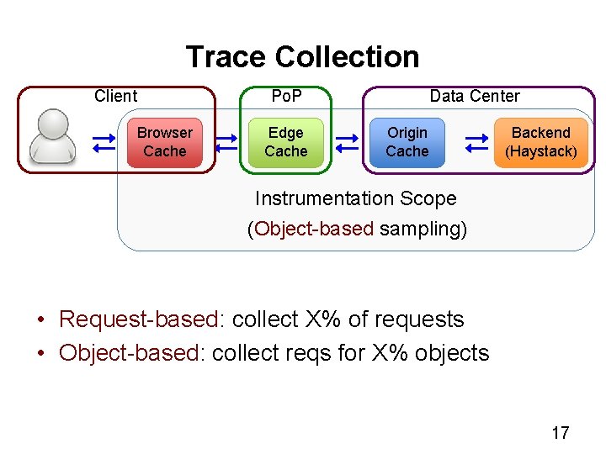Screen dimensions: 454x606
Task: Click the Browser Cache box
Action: tap(165, 142)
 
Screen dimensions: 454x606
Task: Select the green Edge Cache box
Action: tap(286, 142)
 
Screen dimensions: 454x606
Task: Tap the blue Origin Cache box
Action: tap(407, 142)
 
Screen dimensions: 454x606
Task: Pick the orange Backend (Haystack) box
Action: tap(540, 142)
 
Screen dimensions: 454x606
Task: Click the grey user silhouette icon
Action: tap(52, 136)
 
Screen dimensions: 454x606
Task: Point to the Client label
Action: tap(116, 96)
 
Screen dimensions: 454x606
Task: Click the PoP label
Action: tap(286, 96)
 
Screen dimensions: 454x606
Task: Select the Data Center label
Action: tap(475, 96)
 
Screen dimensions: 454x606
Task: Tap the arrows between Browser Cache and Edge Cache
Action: tap(226, 142)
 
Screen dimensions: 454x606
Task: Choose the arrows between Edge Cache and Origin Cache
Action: tap(347, 142)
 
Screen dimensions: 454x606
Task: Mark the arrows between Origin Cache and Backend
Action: tap(477, 142)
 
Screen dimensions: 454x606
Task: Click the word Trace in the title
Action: tap(226, 57)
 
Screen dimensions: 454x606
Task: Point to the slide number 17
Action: tap(560, 433)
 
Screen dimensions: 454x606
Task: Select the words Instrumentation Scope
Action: tap(356, 199)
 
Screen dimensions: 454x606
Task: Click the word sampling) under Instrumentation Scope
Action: tap(423, 229)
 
